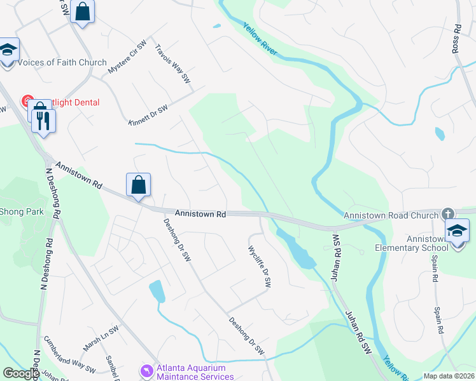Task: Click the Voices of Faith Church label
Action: point(62,62)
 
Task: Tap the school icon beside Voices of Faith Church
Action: point(8,50)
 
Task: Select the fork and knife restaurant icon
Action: point(43,121)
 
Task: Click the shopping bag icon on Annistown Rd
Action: point(139,185)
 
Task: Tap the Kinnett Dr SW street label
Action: point(148,116)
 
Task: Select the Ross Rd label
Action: point(457,39)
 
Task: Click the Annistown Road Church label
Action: point(391,216)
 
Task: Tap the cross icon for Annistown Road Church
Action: point(448,213)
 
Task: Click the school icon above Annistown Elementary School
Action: point(457,231)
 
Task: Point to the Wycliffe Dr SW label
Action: point(259,267)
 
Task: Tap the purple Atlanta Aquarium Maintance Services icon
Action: point(148,369)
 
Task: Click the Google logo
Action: point(21,373)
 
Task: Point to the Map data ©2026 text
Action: point(449,376)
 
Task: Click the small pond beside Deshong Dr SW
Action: point(157,291)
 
